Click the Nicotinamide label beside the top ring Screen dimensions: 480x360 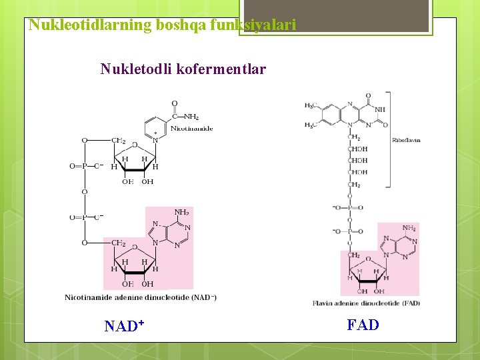pyautogui.click(x=192, y=128)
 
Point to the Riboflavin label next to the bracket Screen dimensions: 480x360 pyautogui.click(x=407, y=140)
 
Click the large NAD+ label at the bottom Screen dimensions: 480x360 pyautogui.click(x=125, y=326)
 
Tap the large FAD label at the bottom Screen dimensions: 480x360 pyautogui.click(x=363, y=325)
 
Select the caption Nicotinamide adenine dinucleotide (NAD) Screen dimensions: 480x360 pyautogui.click(x=141, y=297)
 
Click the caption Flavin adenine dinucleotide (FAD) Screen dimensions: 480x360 pyautogui.click(x=366, y=303)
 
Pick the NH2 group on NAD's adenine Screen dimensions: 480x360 pyautogui.click(x=181, y=213)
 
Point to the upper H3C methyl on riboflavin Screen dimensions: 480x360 pyautogui.click(x=310, y=105)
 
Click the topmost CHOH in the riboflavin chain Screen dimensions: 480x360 pyautogui.click(x=357, y=149)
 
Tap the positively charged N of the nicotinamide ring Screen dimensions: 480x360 pyautogui.click(x=155, y=140)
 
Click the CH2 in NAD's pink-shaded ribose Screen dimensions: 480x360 pyautogui.click(x=119, y=243)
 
